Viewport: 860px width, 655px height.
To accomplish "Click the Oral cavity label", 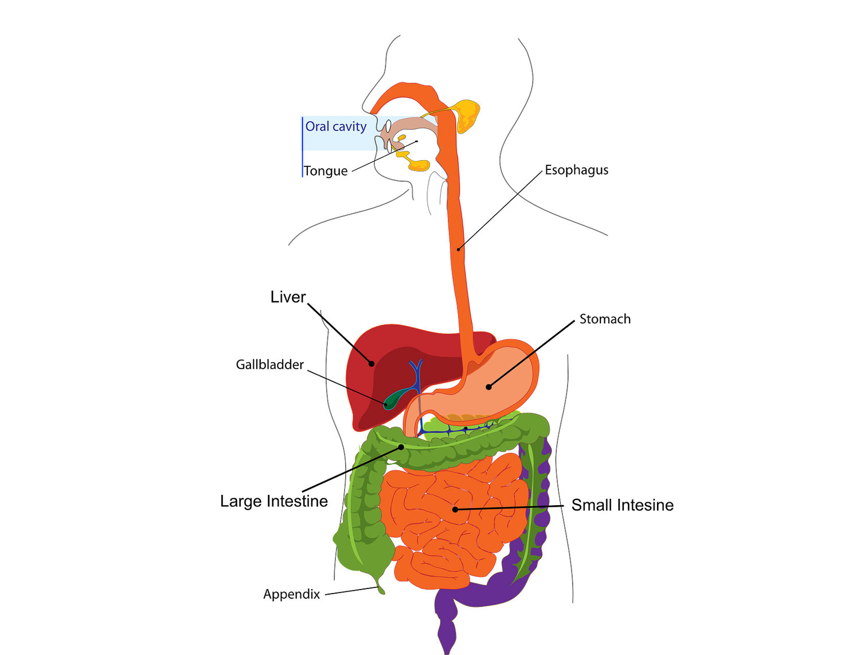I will tap(335, 127).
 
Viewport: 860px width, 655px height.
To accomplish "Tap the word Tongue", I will tap(326, 171).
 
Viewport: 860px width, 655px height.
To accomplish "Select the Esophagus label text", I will tap(576, 170).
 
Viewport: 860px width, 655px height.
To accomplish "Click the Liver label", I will tap(288, 297).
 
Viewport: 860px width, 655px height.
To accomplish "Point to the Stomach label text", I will tap(605, 319).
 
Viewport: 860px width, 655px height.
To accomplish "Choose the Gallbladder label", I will tap(269, 365).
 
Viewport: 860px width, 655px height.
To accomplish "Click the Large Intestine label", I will tap(274, 501).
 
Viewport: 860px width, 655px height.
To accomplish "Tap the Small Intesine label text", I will tap(622, 505).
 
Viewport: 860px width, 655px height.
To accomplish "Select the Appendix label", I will tap(291, 594).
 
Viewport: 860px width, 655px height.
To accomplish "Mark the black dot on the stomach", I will tap(488, 387).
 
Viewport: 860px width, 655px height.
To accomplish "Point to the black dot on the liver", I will tap(372, 363).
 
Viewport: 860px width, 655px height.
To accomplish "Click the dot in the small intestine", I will tap(455, 509).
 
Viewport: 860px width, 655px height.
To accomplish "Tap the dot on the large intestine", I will tap(401, 447).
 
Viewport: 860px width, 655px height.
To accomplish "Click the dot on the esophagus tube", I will tap(459, 249).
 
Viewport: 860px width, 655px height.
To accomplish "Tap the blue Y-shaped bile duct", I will tap(416, 370).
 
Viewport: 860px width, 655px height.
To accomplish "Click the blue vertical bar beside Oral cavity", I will tap(302, 146).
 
